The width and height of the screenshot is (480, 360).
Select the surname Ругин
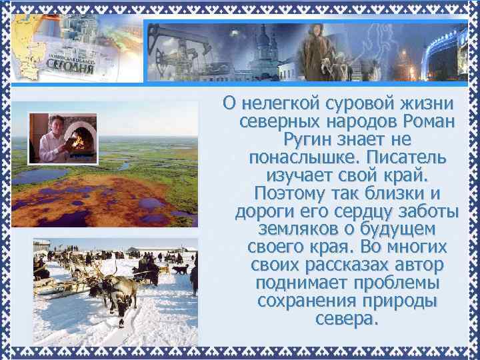tap(307, 140)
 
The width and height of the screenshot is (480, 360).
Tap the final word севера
tap(347, 319)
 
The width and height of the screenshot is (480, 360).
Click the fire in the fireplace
tap(81, 140)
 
